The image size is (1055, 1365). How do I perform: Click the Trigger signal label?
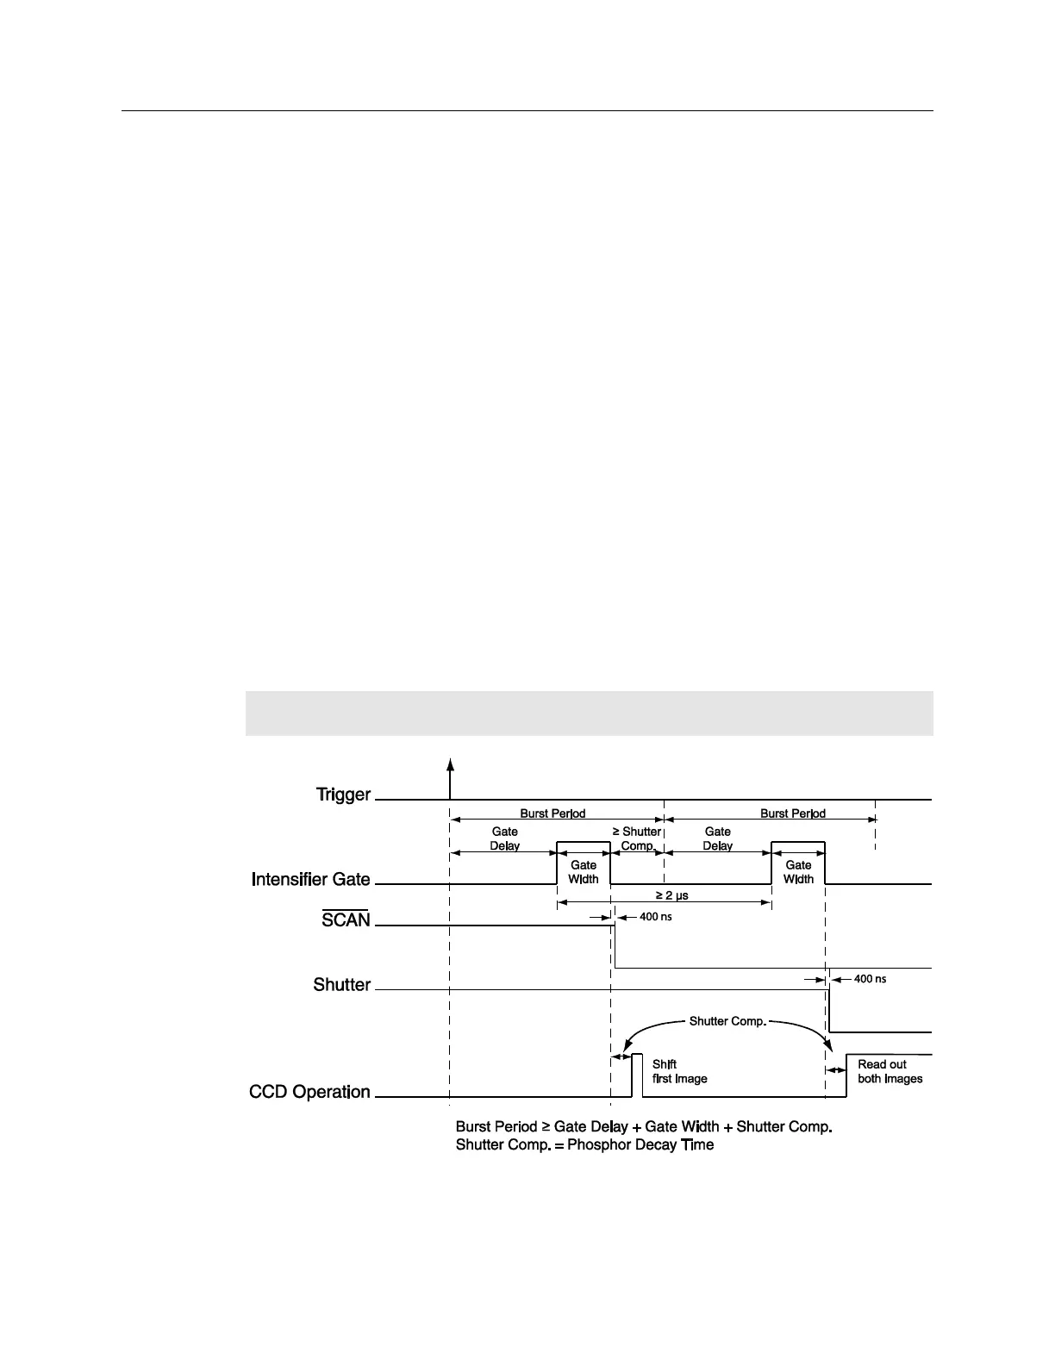coord(343,795)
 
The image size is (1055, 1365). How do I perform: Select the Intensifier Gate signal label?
coord(310,880)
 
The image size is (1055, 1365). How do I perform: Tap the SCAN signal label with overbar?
coord(346,919)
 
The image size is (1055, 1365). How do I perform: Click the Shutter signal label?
coord(341,985)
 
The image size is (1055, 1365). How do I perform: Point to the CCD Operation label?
coord(309,1092)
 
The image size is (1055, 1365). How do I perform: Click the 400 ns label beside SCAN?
coord(655,917)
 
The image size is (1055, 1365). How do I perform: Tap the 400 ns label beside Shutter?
coord(869,979)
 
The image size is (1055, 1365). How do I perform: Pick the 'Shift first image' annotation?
coord(679,1071)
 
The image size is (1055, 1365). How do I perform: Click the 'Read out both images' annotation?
coord(890,1071)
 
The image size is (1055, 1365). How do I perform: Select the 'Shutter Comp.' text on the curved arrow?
coord(727,1021)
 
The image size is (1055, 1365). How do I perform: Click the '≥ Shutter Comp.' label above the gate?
coord(637,838)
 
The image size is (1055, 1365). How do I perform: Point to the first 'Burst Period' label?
coord(552,813)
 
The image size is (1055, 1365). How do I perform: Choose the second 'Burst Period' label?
coord(792,813)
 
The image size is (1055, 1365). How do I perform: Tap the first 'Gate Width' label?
coord(584,872)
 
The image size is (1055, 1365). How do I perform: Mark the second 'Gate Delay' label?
coord(717,838)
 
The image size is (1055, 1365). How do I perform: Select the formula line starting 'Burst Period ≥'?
coord(643,1127)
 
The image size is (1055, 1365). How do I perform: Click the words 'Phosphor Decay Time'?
coord(640,1146)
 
